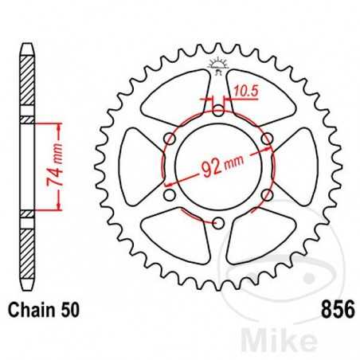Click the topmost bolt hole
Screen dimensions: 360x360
[x=217, y=112]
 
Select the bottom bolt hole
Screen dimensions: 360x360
[x=217, y=223]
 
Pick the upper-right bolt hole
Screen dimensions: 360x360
[x=266, y=139]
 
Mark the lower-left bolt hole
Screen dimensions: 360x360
[x=169, y=195]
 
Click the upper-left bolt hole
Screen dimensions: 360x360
[x=169, y=139]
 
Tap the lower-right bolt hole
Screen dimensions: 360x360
[x=266, y=195]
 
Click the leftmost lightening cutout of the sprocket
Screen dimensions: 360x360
[x=139, y=167]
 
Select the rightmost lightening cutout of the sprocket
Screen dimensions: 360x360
[x=295, y=167]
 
